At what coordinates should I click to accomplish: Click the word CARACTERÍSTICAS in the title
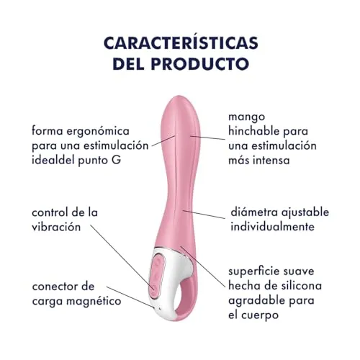(181, 42)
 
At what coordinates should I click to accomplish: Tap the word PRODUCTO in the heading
(200, 63)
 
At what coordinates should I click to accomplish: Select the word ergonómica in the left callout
(98, 132)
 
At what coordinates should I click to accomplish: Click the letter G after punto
(117, 160)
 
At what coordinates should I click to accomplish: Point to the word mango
(247, 117)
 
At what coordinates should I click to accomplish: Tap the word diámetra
(254, 212)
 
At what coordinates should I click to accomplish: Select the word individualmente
(272, 227)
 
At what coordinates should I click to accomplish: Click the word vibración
(56, 227)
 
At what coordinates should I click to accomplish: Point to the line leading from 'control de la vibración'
(122, 256)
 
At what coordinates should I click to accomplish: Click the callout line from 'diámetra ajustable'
(204, 215)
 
